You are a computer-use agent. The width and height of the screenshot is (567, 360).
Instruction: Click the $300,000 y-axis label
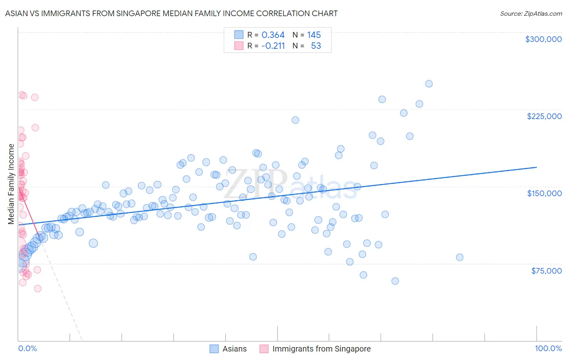[x=543, y=39]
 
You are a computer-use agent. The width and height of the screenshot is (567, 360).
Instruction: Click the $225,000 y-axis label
[x=544, y=116]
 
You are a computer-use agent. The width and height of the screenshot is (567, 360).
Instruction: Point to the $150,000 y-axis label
[x=544, y=193]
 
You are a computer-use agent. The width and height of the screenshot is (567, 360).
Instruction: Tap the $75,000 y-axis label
[x=546, y=271]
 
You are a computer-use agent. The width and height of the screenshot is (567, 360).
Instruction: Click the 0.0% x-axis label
[x=27, y=348]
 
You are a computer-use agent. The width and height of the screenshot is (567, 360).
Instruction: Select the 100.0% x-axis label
[x=548, y=348]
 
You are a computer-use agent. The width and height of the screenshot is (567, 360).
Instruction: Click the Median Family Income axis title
[x=11, y=184]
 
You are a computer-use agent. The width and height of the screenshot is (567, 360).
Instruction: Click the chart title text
[x=171, y=13]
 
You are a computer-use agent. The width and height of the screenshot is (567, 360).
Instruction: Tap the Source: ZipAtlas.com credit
[x=531, y=13]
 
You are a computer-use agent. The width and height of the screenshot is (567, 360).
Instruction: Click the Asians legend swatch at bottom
[x=214, y=349]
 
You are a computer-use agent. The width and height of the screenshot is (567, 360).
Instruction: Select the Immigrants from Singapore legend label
[x=321, y=349]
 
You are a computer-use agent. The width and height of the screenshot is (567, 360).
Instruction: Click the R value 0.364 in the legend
[x=273, y=35]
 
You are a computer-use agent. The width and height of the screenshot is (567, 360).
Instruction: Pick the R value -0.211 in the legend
[x=273, y=46]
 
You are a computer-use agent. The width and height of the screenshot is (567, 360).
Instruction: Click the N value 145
[x=314, y=35]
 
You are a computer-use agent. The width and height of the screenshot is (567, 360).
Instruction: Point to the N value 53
[x=316, y=46]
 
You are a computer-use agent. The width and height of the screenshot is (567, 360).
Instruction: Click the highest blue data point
[x=429, y=84]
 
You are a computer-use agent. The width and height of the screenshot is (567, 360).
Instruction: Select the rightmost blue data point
[x=459, y=257]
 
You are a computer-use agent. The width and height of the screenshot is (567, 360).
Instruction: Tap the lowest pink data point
[x=38, y=289]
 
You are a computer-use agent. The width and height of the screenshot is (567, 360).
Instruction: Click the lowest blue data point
[x=395, y=281]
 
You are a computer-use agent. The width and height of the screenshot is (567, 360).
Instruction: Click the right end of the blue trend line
[x=536, y=167]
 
